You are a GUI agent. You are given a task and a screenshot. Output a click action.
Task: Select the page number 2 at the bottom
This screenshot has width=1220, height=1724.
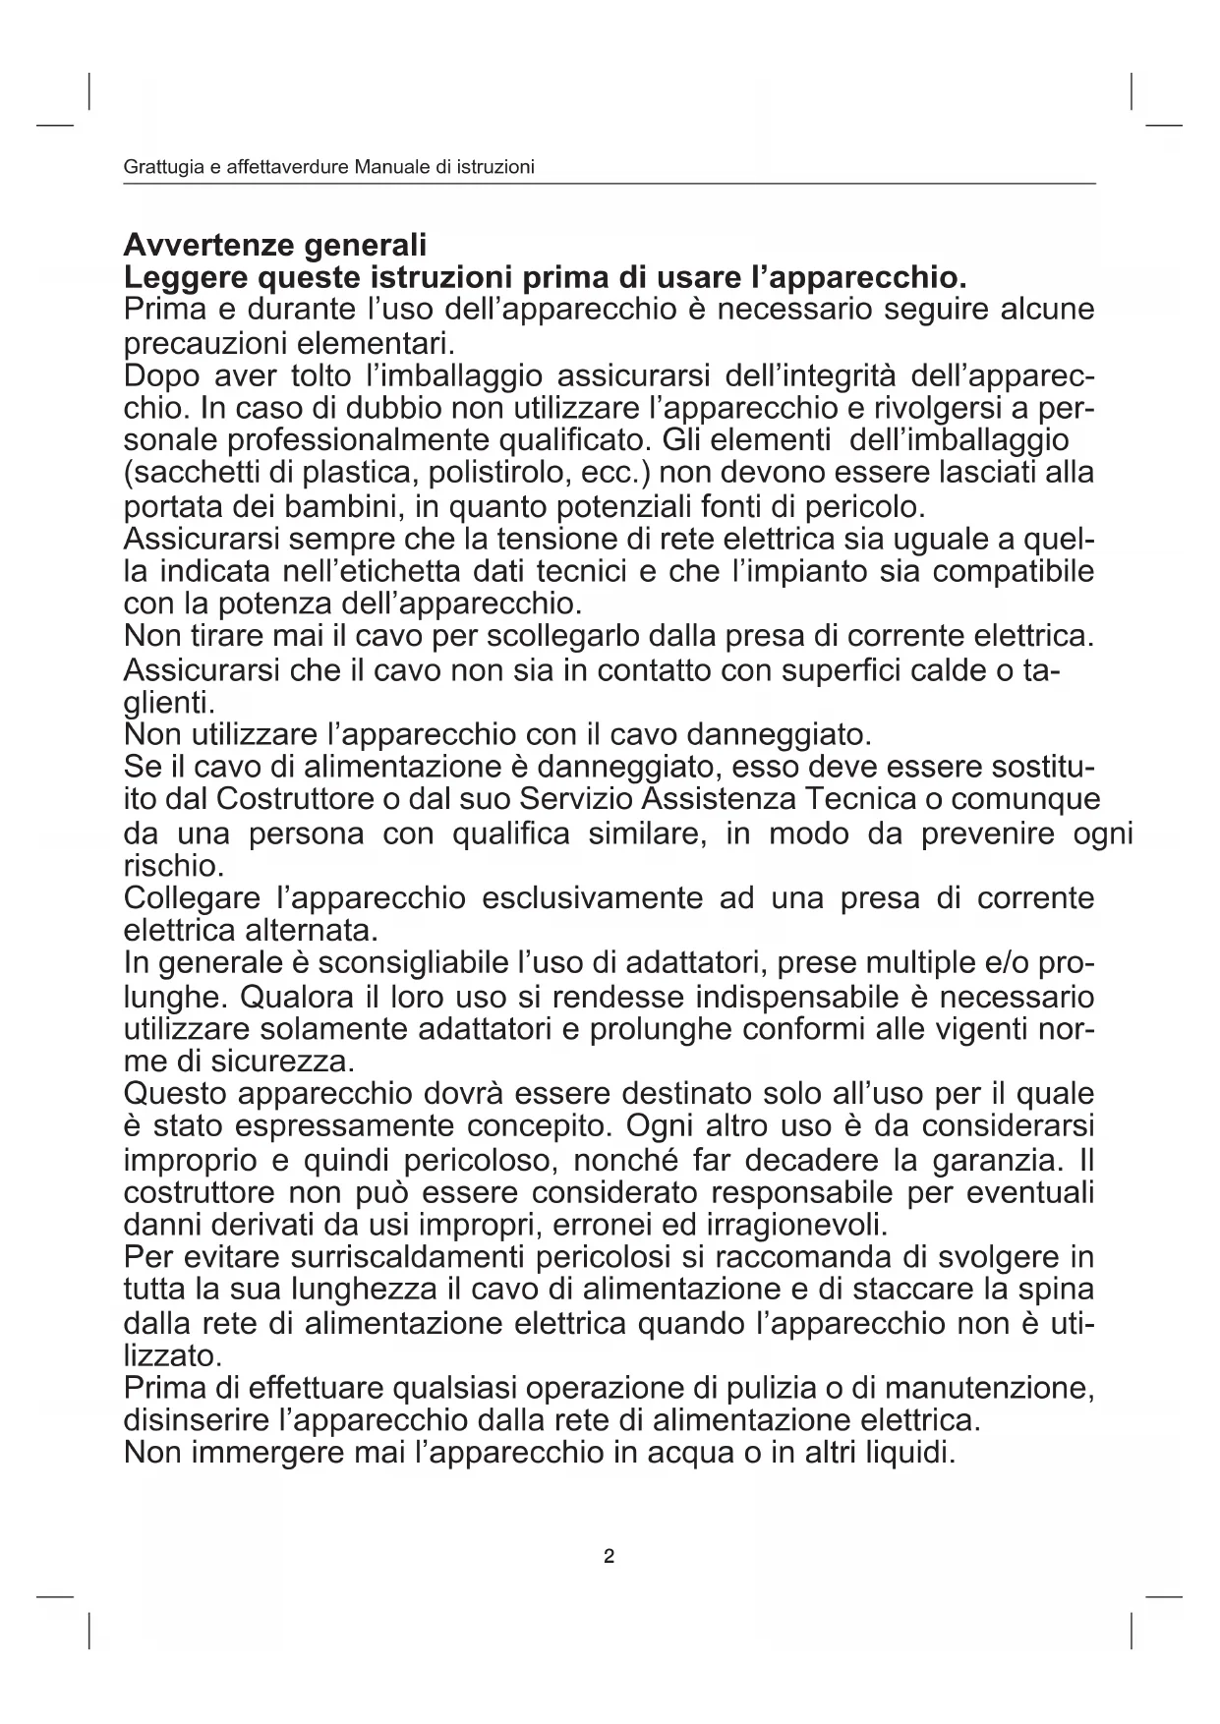coord(610,1556)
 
